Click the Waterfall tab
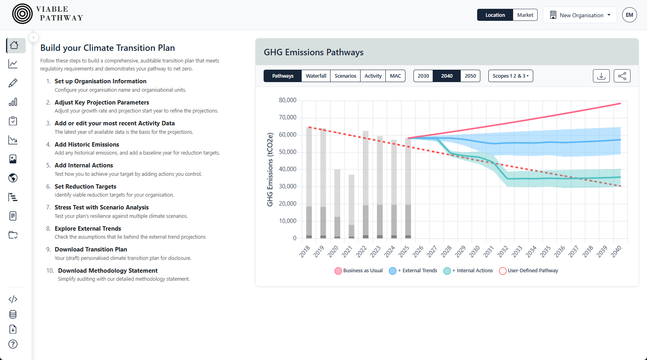pyautogui.click(x=316, y=76)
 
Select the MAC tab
pyautogui.click(x=395, y=76)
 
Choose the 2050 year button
pyautogui.click(x=470, y=76)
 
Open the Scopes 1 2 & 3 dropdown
pyautogui.click(x=510, y=76)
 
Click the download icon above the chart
pyautogui.click(x=601, y=76)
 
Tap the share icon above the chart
pyautogui.click(x=622, y=76)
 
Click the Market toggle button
pyautogui.click(x=525, y=15)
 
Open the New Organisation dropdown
pyautogui.click(x=580, y=15)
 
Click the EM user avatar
pyautogui.click(x=629, y=15)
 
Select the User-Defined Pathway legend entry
pyautogui.click(x=528, y=271)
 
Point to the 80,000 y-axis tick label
pyautogui.click(x=287, y=100)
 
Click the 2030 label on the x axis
pyautogui.click(x=475, y=251)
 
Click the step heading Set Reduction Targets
pyautogui.click(x=85, y=187)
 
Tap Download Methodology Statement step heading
pyautogui.click(x=108, y=271)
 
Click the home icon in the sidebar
pyautogui.click(x=14, y=45)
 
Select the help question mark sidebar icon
pyautogui.click(x=13, y=344)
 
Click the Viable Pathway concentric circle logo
pyautogui.click(x=22, y=14)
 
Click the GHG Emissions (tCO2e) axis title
pyautogui.click(x=270, y=169)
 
